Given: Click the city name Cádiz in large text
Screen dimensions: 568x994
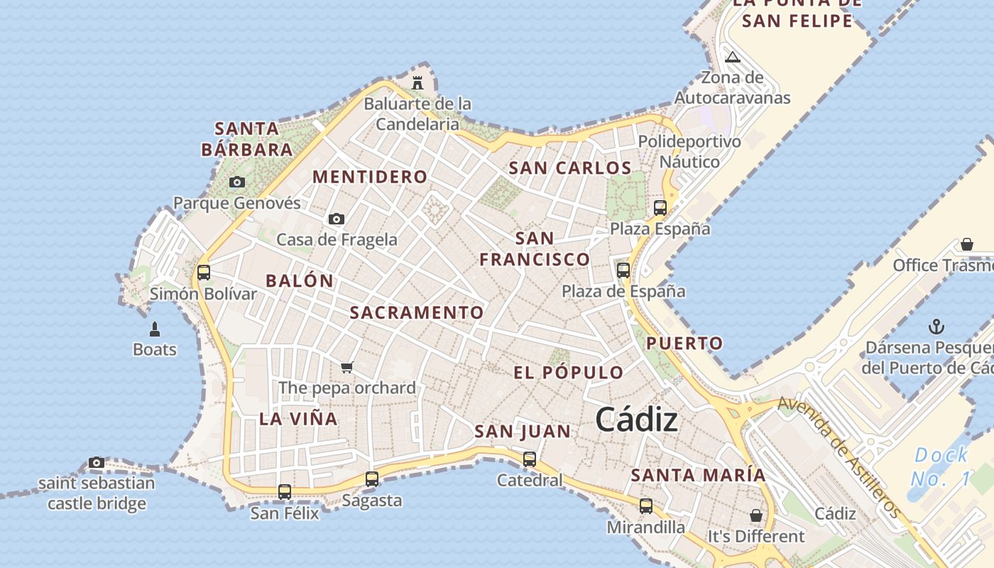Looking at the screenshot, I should coord(636,420).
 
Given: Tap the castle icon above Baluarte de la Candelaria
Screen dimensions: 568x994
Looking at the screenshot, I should coord(417,82).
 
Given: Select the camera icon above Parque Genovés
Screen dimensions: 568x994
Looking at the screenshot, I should coord(237,182).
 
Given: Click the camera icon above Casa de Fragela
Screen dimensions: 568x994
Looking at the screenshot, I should coord(337,219).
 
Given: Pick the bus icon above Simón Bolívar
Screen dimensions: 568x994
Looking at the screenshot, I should coord(204,272).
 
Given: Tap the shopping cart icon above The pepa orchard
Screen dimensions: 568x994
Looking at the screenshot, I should coord(346,367).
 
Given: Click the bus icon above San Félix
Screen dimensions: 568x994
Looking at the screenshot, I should coord(285,491).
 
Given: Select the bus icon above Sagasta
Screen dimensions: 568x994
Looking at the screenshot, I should coord(372,479).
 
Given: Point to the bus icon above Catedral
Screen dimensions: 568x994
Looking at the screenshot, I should coord(530,459).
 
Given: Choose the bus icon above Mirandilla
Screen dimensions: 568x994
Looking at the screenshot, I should coord(646,506).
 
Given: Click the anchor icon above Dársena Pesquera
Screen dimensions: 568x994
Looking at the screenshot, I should coord(936,327).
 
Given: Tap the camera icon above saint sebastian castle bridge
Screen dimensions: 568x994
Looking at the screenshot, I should coord(97,463).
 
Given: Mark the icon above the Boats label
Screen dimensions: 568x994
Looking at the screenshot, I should coord(155,329).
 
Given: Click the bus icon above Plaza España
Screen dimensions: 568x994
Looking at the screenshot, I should coord(660,208).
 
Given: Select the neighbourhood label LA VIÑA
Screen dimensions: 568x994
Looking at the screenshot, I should coord(298,419).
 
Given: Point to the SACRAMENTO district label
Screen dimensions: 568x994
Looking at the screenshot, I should coord(417,312).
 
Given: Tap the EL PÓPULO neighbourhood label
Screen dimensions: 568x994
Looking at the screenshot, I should coord(568,373).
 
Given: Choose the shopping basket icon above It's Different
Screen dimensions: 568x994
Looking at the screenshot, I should coord(756,515).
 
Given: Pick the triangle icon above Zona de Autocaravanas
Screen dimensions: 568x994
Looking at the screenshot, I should coord(732,57).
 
